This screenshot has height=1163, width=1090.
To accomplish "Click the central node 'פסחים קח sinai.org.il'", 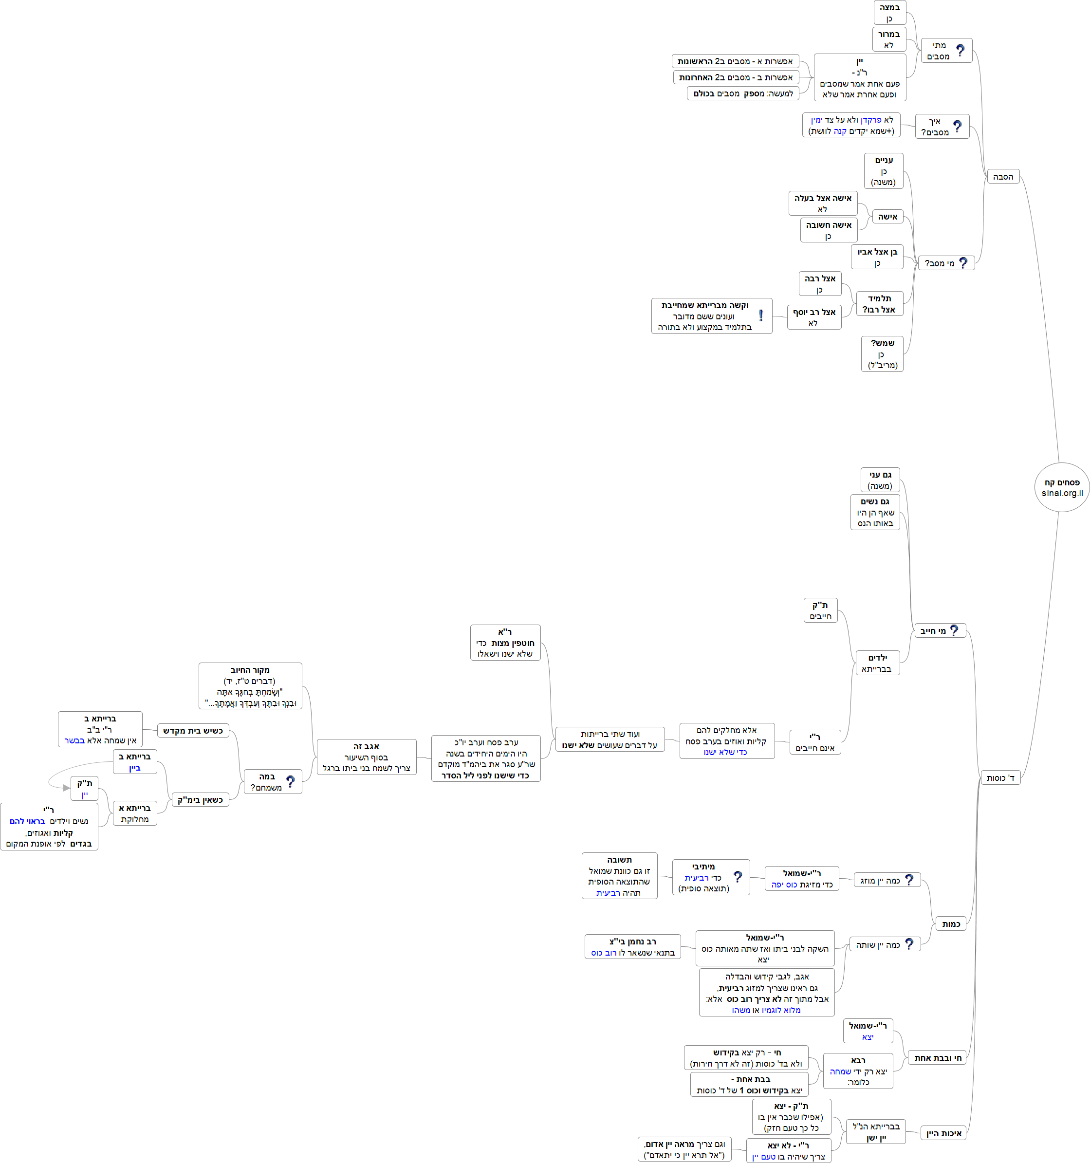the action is click(x=1061, y=487).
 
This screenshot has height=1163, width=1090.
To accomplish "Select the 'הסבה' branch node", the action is click(x=1003, y=177).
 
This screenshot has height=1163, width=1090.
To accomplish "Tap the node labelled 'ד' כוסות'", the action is click(x=1000, y=777).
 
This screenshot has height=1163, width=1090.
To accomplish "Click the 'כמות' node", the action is click(x=951, y=924).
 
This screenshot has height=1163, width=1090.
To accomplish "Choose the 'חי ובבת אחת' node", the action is click(x=937, y=1058).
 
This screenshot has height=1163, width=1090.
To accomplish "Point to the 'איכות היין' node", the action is click(x=943, y=1133).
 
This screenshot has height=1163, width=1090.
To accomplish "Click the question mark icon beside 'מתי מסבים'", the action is click(x=960, y=51).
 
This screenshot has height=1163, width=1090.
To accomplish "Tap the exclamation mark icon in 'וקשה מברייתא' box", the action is click(x=760, y=315).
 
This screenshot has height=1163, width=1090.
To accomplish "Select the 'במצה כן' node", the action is click(x=889, y=13).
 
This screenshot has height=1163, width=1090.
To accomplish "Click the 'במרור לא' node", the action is click(x=889, y=39).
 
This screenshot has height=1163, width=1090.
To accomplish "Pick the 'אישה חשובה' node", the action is click(x=829, y=230).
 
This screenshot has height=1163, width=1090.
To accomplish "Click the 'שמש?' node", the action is click(x=882, y=353).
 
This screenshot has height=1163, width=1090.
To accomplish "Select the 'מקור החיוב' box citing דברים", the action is click(x=250, y=685).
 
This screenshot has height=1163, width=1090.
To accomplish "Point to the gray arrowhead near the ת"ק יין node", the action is click(x=66, y=788).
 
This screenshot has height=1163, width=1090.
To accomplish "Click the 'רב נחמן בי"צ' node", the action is click(x=632, y=946).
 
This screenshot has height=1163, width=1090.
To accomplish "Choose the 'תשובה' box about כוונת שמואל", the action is click(x=619, y=876).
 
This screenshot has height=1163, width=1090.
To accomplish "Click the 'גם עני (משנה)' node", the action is click(x=880, y=480).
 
